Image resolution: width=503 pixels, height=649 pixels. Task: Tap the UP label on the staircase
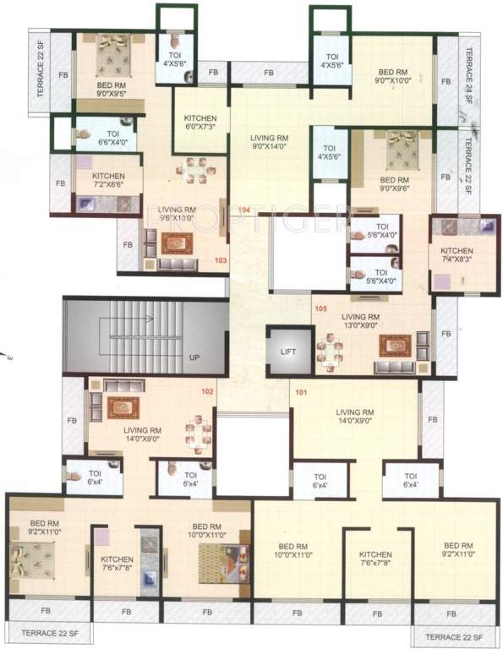(194, 357)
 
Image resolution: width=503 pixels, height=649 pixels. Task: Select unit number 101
(300, 391)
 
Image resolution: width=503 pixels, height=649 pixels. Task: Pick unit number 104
(244, 210)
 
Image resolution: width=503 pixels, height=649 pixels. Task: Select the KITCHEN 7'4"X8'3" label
(457, 256)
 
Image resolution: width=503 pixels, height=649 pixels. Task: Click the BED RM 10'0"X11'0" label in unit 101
(293, 550)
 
